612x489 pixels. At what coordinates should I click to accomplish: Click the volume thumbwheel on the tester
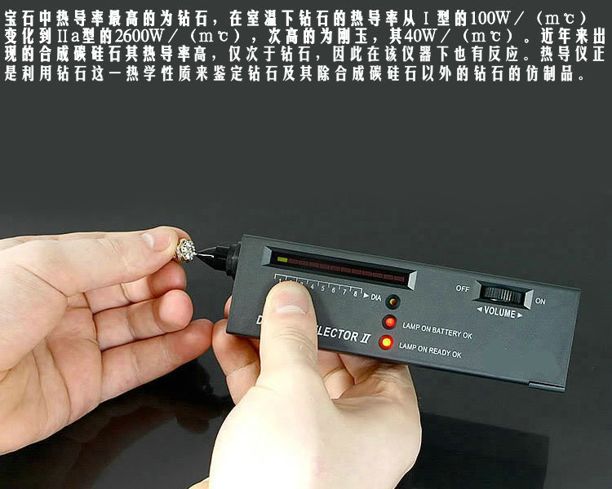pyautogui.click(x=503, y=294)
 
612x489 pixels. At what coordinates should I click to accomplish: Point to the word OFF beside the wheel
pyautogui.click(x=463, y=287)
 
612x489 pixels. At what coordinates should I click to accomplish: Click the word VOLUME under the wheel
pyautogui.click(x=499, y=312)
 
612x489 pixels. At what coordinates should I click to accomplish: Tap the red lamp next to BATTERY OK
pyautogui.click(x=389, y=322)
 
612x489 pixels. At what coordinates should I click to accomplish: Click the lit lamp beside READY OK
pyautogui.click(x=385, y=342)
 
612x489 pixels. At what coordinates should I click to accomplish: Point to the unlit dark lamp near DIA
pyautogui.click(x=392, y=301)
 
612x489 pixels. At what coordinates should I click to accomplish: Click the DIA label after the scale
pyautogui.click(x=375, y=296)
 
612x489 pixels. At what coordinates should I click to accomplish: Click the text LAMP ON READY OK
pyautogui.click(x=430, y=355)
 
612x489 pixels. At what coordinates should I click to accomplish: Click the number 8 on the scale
pyautogui.click(x=356, y=293)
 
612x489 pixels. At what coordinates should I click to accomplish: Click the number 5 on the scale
pyautogui.click(x=323, y=288)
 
